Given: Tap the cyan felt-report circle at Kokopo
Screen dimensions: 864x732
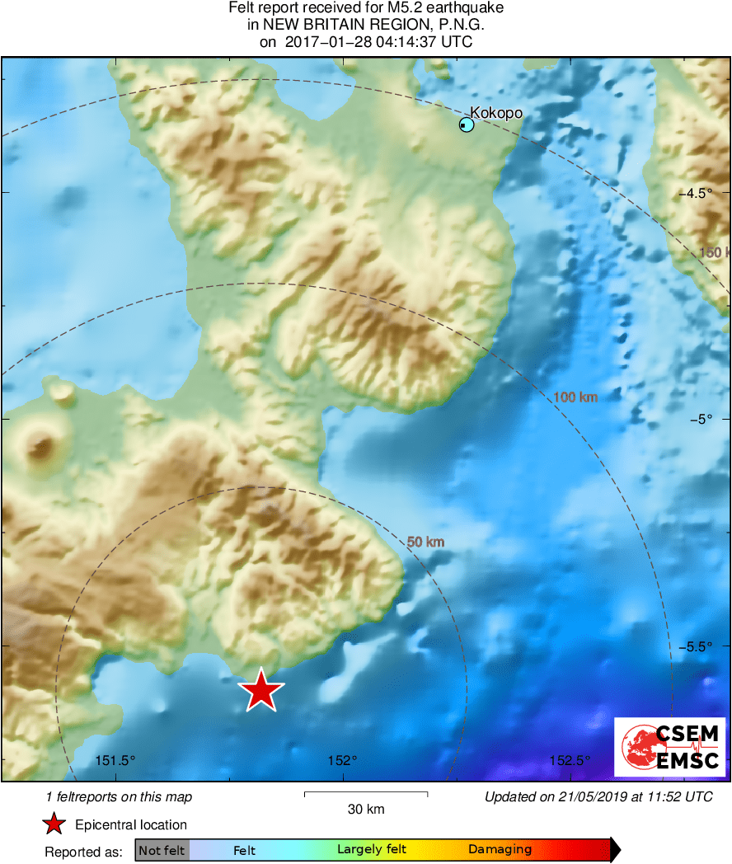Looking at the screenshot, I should pyautogui.click(x=467, y=124).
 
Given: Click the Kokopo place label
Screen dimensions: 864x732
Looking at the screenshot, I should pyautogui.click(x=496, y=112).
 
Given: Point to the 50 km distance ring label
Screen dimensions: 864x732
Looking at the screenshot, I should pyautogui.click(x=426, y=542).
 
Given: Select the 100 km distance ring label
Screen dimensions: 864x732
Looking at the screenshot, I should pyautogui.click(x=575, y=397).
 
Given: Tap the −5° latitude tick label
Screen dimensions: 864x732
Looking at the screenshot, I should pyautogui.click(x=701, y=419).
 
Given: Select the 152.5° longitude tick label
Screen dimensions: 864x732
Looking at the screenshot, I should pyautogui.click(x=570, y=760).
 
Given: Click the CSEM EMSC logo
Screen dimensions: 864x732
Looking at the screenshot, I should pyautogui.click(x=670, y=747).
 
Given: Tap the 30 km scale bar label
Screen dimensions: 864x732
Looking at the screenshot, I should pyautogui.click(x=366, y=809).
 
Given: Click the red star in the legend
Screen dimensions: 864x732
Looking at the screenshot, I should pyautogui.click(x=54, y=824).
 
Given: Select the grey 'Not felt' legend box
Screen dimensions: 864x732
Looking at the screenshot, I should pyautogui.click(x=162, y=850).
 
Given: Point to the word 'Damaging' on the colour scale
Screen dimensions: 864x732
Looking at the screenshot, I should pyautogui.click(x=500, y=850).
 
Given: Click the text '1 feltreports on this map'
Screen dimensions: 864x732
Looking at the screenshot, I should pyautogui.click(x=119, y=796).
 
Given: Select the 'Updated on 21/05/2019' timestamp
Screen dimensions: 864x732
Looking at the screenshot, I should pyautogui.click(x=598, y=796).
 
